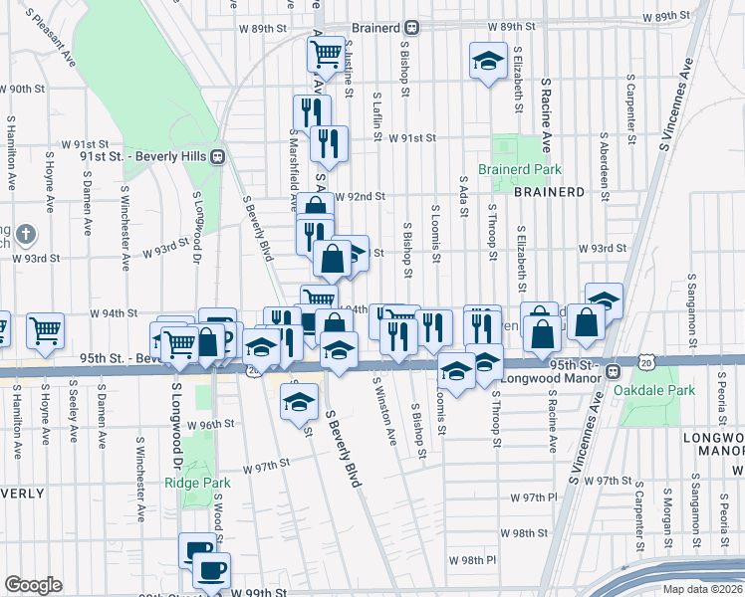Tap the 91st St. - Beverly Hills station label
(143, 155)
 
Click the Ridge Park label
(197, 483)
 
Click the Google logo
(33, 584)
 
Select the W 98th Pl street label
(471, 561)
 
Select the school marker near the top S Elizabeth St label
(488, 63)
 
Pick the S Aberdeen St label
(605, 168)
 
